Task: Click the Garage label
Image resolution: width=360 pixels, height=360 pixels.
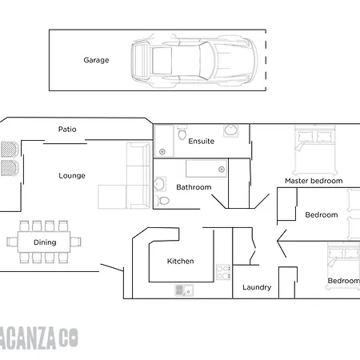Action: [x=96, y=60]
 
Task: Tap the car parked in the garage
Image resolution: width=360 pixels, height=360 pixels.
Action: [x=194, y=61]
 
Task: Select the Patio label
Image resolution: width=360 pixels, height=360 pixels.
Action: [x=67, y=130]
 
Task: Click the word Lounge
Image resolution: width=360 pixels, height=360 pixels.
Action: [x=72, y=176]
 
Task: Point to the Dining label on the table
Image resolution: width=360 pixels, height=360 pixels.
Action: [x=45, y=242]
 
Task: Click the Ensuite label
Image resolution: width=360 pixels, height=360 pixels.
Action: [x=202, y=141]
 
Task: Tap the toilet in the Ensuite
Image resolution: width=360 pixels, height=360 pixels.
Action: [x=182, y=133]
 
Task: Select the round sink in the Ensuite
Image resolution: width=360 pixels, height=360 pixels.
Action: [x=230, y=130]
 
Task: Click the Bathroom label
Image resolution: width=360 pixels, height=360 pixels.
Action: [x=194, y=187]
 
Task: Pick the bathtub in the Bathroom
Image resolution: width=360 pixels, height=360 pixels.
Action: [x=206, y=169]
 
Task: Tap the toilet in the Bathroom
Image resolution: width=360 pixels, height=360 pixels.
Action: [x=162, y=201]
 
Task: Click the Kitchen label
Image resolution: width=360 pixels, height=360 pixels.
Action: [x=180, y=261]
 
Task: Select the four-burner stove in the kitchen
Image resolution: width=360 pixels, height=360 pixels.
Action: [x=223, y=272]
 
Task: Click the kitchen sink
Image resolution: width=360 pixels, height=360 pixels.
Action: [x=184, y=290]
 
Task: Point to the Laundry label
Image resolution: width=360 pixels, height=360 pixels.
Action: [x=257, y=287]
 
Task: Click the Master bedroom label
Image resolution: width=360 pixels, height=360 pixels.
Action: [x=314, y=181]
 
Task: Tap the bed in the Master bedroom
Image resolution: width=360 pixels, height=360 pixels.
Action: [x=315, y=150]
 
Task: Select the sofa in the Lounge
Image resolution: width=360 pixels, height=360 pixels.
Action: [x=125, y=176]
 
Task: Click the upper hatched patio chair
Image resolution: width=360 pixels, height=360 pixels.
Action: [x=10, y=150]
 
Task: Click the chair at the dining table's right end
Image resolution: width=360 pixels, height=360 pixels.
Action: [x=76, y=242]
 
